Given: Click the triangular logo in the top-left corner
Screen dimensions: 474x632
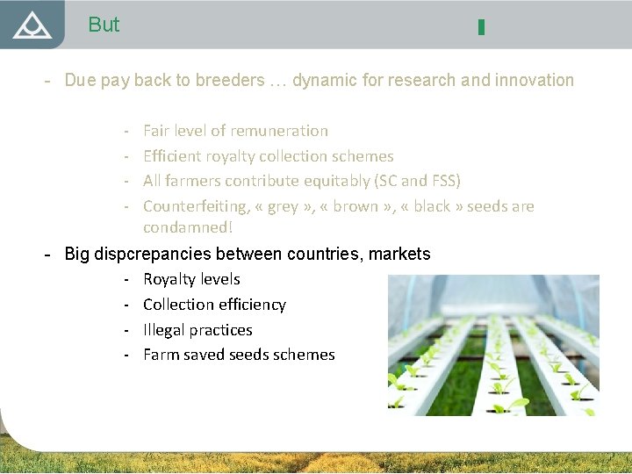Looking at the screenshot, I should tap(32, 25).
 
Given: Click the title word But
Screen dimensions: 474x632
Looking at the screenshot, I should tap(104, 25).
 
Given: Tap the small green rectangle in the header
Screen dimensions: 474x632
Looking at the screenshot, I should tap(481, 27).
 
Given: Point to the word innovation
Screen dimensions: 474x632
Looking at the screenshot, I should tap(535, 81).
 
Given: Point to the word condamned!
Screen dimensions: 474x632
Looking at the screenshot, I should tap(188, 227).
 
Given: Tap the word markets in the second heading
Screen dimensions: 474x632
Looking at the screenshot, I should tap(399, 255).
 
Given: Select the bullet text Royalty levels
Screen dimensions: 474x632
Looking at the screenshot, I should tap(191, 279).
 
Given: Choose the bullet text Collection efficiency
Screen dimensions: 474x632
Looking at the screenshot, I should tap(214, 305).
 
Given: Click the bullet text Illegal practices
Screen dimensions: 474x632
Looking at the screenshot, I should tap(197, 330).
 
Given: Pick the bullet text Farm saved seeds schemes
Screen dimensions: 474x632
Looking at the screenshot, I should tap(239, 355).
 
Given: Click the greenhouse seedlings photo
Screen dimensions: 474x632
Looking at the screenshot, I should tap(493, 345).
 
